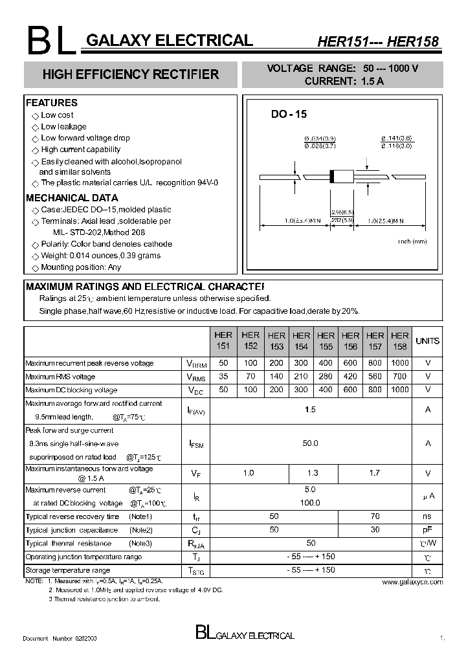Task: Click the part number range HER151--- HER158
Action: click(377, 41)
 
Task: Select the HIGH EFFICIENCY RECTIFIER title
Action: click(131, 74)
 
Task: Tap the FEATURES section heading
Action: click(51, 102)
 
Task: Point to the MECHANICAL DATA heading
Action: click(71, 198)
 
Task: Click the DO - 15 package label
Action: click(289, 114)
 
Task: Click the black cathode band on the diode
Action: click(333, 175)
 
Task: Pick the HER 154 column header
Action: click(301, 340)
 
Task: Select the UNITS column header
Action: click(427, 340)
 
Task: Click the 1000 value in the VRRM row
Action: click(400, 363)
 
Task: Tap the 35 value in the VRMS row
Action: click(223, 377)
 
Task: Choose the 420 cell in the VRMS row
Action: click(350, 377)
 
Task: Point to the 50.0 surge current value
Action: click(311, 443)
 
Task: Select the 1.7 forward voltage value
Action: click(375, 473)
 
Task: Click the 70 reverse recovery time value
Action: click(375, 516)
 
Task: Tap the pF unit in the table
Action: click(427, 529)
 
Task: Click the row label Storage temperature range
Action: click(67, 570)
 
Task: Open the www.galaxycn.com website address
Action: click(412, 582)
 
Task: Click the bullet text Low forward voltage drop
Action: click(85, 138)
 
